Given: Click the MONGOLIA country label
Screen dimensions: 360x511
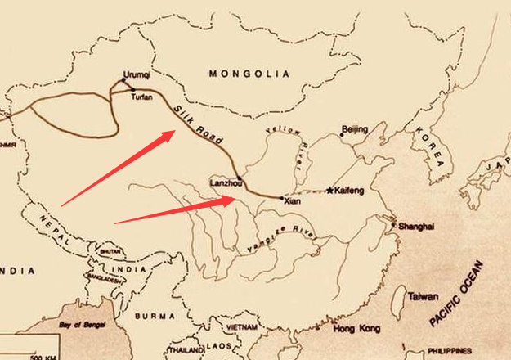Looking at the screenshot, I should point(249,74).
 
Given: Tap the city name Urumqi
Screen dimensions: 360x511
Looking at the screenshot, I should point(137,74).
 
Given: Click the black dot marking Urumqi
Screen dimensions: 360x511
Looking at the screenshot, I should point(123,81).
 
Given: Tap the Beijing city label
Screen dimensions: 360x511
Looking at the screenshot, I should point(355,129).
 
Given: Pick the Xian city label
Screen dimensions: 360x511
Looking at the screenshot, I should point(293,200).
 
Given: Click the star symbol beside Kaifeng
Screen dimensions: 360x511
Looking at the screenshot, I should point(330,191).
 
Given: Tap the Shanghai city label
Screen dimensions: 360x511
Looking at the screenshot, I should point(415,226).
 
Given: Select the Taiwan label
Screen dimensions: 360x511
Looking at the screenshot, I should point(423,297).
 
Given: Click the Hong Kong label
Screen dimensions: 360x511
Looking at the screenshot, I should point(357,329).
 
